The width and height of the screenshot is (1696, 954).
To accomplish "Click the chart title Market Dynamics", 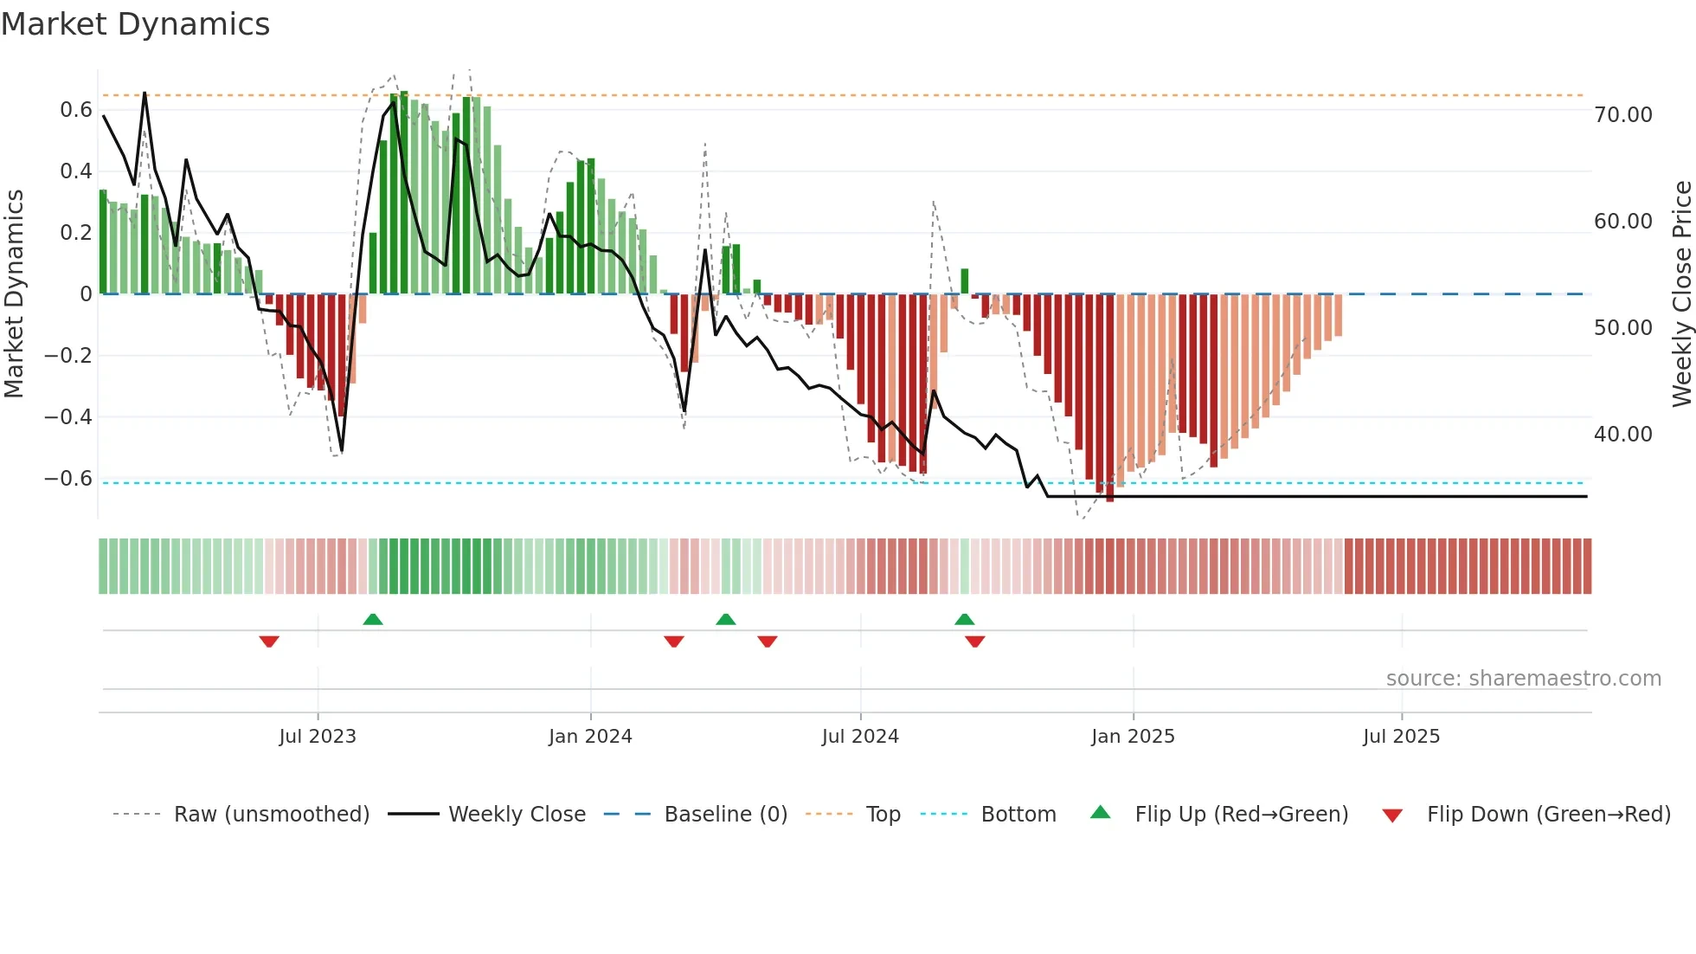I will pos(136,24).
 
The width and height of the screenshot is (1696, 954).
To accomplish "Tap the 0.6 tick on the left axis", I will pos(76,110).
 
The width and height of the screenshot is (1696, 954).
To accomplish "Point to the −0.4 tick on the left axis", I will pos(68,417).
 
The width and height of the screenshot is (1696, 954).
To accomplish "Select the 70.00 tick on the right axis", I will pos(1622,115).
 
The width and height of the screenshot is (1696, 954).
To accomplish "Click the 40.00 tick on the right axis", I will pos(1622,435).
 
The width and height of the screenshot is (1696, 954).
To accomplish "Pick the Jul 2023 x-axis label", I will pos(318,737).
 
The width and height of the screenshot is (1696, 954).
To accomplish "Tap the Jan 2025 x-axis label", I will pos(1133,737).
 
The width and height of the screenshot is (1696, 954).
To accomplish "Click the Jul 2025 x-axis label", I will pos(1401,737).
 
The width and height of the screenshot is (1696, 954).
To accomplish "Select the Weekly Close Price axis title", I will pos(1681,293).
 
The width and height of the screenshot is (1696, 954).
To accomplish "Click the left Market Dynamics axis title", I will pos(14,293).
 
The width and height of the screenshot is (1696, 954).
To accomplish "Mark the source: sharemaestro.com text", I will pos(1523,679).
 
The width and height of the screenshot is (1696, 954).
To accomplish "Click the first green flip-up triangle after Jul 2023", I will pos(373,619).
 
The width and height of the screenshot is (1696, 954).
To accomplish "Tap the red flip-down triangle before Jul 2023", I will pos(269,641).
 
